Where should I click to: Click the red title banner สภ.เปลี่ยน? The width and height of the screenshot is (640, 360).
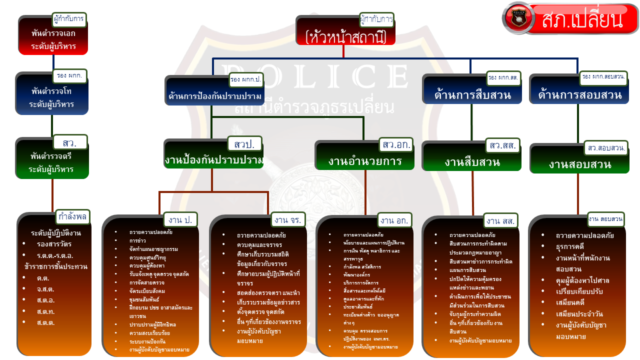click(581, 19)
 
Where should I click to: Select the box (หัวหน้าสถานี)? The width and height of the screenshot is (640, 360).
click(345, 36)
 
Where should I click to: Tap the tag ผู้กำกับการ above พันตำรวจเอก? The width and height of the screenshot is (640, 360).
click(69, 19)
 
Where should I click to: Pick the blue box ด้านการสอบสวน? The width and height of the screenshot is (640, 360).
click(579, 94)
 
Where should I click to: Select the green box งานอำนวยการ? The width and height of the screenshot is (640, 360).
click(364, 161)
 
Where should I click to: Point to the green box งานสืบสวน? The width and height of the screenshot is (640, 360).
click(472, 162)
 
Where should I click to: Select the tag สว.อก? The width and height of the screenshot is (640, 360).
click(396, 145)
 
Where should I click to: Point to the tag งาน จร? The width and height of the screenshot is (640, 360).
click(286, 219)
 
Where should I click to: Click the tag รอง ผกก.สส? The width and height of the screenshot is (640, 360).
click(503, 78)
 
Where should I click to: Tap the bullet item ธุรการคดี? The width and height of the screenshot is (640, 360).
click(570, 246)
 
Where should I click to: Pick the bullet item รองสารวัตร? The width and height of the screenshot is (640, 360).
click(54, 244)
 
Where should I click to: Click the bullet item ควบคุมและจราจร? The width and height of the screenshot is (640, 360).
click(259, 244)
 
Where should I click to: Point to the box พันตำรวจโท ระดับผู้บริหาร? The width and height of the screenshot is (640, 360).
click(52, 98)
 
